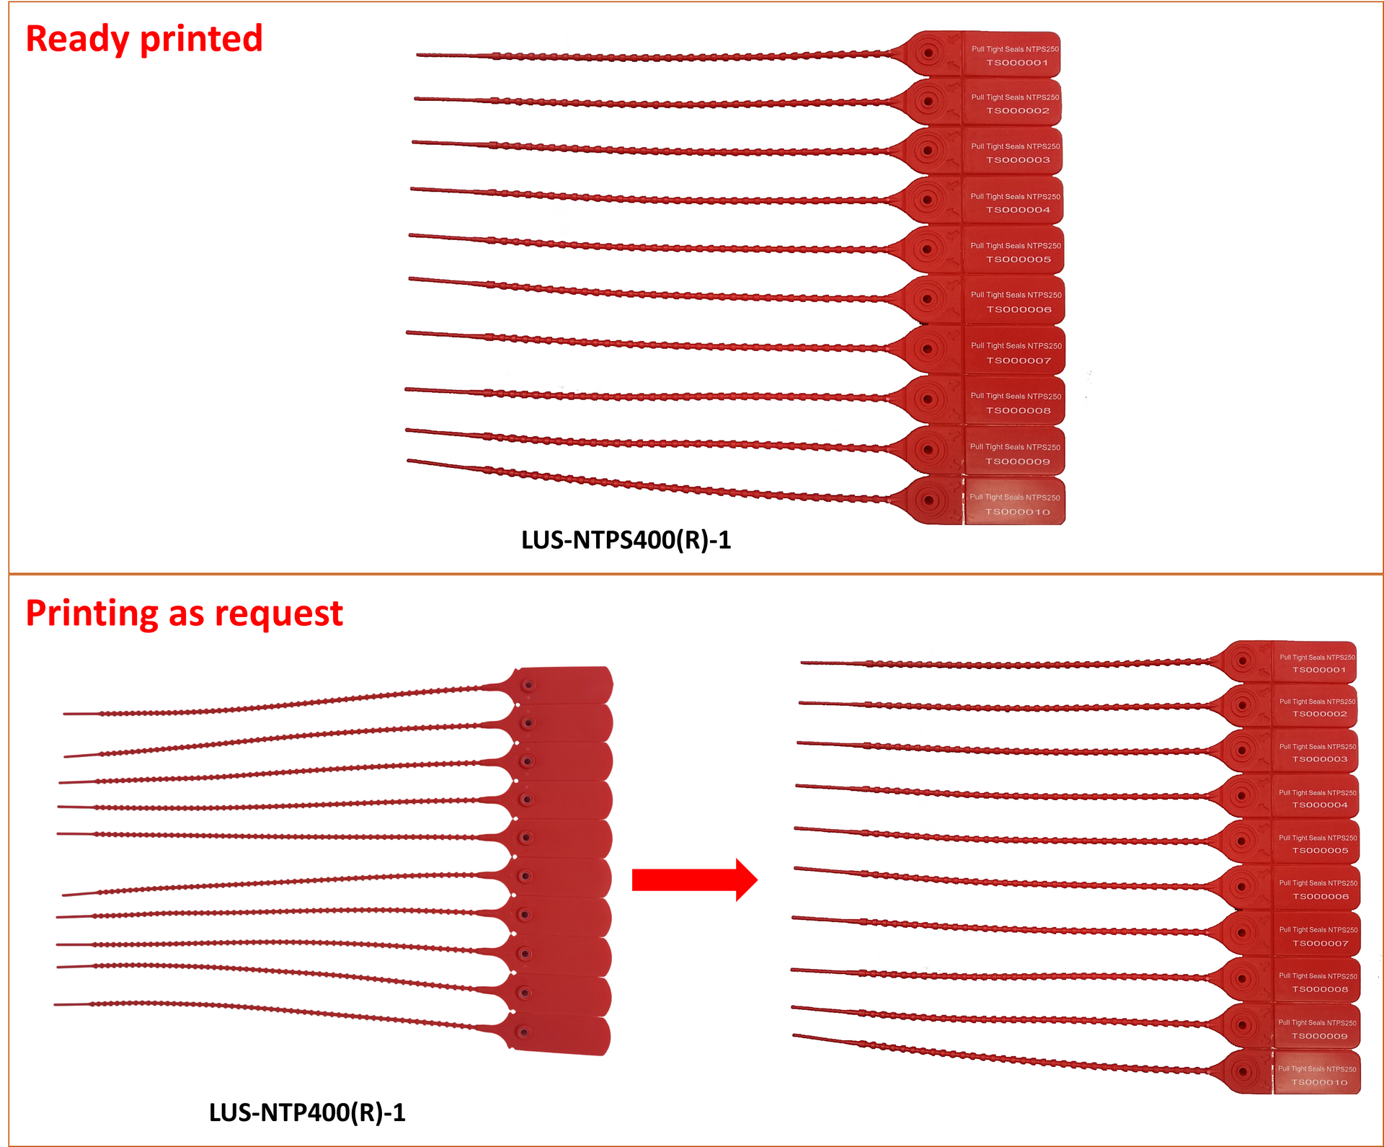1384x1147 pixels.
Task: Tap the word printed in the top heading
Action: [x=201, y=40]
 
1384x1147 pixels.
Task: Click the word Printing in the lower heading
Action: [x=92, y=614]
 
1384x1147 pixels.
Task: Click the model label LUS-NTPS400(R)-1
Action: [x=626, y=540]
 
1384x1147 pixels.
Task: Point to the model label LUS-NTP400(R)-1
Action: [x=307, y=1112]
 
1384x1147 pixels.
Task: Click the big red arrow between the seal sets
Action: [x=694, y=880]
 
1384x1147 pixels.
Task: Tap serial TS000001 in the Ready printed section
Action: [x=1017, y=63]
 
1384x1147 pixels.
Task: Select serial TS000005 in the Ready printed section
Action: [x=1019, y=260]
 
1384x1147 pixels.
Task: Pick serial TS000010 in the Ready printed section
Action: [x=1018, y=512]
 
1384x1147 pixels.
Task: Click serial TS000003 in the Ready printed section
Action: [x=1018, y=160]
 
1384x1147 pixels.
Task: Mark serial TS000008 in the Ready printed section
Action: [x=1019, y=411]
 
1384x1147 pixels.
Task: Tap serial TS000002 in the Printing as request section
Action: [x=1319, y=714]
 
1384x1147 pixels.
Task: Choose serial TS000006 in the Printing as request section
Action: [x=1321, y=897]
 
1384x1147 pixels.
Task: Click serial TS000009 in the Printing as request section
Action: [x=1319, y=1036]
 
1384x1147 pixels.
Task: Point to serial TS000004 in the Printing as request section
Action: [x=1320, y=805]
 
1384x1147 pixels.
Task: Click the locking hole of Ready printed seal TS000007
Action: [x=928, y=350]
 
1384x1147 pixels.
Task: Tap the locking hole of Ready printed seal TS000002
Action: [x=928, y=102]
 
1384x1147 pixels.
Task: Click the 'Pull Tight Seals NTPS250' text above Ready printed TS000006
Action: [x=1016, y=295]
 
